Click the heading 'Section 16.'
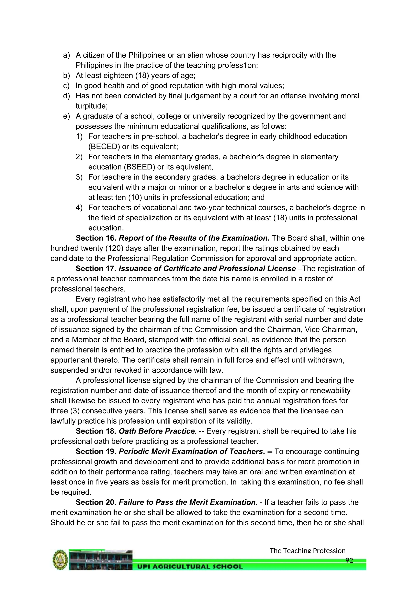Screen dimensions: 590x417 [96, 238]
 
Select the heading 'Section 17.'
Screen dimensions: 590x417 [96, 269]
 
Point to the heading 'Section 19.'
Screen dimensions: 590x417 [96, 451]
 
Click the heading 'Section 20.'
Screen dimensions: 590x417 [96, 502]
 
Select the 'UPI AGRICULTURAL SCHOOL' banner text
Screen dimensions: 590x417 [190, 566]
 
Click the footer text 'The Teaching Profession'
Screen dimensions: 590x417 [307, 551]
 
